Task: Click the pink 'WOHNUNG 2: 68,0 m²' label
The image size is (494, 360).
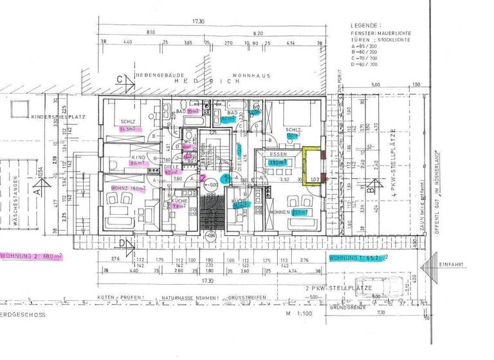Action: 32,256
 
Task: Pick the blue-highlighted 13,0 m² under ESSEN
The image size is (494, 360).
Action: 278,163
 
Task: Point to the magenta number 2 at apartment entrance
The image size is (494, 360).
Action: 203,177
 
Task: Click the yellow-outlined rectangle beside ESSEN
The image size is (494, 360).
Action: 312,166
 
